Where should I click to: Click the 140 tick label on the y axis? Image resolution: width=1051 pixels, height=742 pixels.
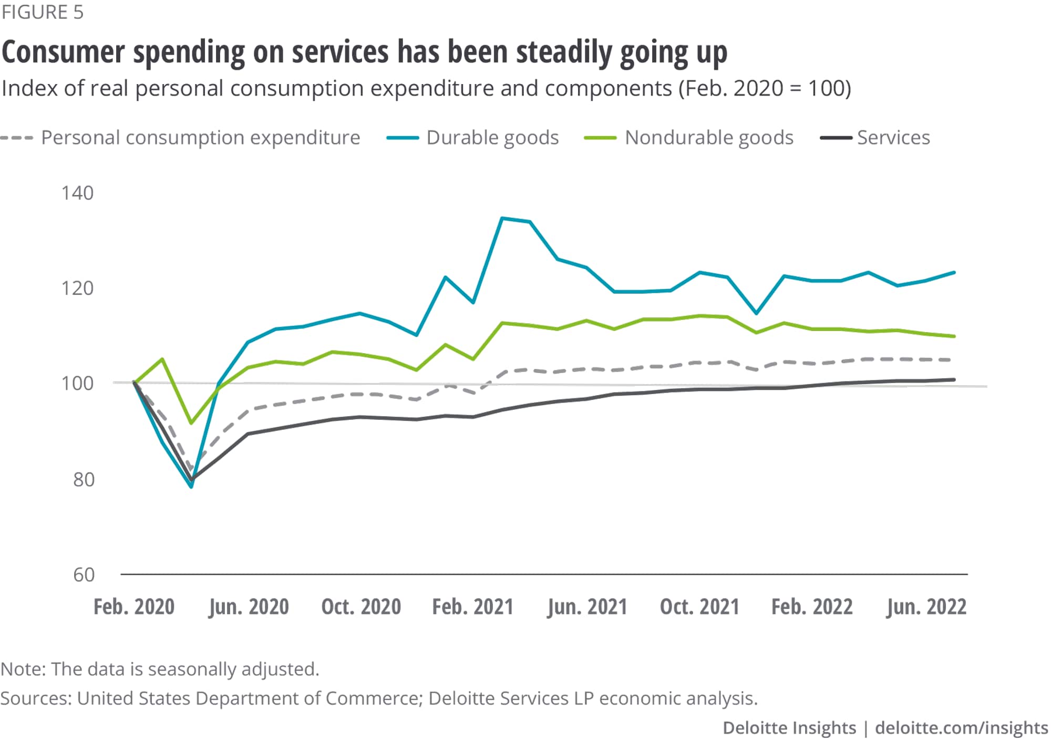point(77,193)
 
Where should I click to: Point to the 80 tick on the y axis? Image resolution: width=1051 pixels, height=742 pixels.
point(84,479)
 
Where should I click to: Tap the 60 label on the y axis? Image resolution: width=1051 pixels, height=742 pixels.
point(84,575)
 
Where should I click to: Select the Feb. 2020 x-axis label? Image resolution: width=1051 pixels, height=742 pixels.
point(134,607)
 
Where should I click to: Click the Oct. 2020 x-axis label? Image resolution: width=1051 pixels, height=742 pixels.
point(361,607)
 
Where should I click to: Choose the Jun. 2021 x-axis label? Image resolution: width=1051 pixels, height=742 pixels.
point(587,607)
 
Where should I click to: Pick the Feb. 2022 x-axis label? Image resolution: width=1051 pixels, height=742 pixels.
point(812,607)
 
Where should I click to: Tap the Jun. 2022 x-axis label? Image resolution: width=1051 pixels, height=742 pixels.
point(926,607)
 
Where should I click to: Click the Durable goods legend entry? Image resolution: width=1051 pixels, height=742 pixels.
point(492,138)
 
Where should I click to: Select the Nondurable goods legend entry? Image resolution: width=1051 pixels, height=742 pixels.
point(708,138)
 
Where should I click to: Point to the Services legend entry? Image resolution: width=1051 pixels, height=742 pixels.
point(893,138)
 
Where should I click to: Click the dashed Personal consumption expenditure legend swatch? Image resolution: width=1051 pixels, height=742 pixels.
point(17,138)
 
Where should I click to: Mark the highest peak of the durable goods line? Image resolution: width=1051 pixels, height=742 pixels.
point(502,218)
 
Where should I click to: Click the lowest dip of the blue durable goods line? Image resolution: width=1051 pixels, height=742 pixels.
point(191,487)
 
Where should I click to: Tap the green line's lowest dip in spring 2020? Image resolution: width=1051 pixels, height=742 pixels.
point(191,423)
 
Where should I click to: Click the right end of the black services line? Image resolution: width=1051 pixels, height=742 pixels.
point(954,379)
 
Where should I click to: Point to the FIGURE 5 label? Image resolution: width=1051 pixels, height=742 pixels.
point(43,12)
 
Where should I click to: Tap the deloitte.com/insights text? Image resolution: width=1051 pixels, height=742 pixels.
point(961,728)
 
